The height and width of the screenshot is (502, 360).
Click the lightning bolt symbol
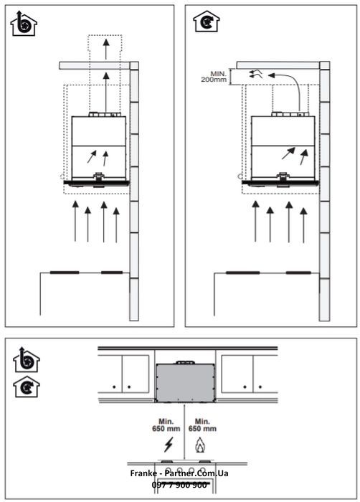tap(169, 445)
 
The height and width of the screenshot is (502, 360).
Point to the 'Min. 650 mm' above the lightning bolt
tap(169, 425)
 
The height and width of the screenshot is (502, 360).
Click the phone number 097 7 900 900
tap(179, 485)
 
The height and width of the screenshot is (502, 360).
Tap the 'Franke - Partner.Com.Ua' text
tap(179, 474)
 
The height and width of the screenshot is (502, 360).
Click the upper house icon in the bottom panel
tap(26, 361)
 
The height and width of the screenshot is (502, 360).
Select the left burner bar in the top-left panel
tap(64, 273)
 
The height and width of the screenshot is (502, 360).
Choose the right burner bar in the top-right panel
tap(298, 273)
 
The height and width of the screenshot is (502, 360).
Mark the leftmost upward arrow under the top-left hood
tap(74, 222)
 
